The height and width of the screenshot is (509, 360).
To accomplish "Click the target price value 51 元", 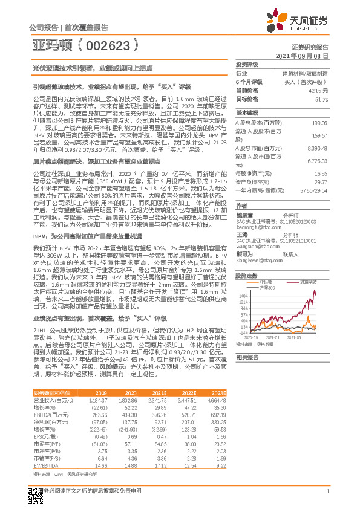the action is coord(322,98).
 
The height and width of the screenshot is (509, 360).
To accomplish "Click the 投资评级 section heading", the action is coord(247,64).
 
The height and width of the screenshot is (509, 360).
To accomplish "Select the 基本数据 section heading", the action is coord(247,113).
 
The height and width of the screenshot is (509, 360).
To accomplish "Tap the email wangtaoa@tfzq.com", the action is coord(255,247).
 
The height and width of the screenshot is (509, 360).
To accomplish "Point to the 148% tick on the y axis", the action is coord(244,295).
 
